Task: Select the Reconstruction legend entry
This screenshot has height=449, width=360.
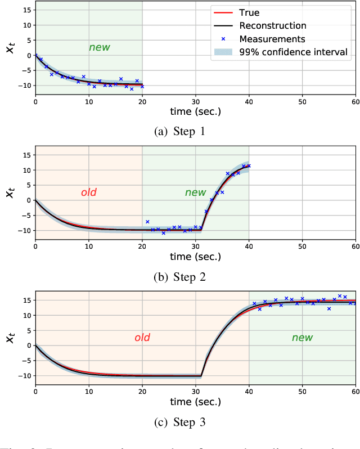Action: point(272,25)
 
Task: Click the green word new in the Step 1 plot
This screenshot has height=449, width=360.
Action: point(99,47)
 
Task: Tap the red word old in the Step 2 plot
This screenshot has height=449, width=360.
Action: point(88,192)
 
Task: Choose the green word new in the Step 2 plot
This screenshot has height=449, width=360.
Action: point(195,192)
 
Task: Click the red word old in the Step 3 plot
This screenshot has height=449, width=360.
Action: point(142,338)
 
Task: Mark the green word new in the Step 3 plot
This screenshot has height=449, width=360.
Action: point(302,338)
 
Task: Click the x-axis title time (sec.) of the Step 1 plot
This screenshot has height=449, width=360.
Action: point(195,111)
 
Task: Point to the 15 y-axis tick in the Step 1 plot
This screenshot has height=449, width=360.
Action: point(25,10)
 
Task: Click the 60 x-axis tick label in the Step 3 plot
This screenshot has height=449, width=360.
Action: point(354,391)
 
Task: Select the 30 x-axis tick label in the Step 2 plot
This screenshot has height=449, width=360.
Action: point(195,246)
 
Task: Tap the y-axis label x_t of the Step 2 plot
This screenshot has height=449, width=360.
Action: point(10,192)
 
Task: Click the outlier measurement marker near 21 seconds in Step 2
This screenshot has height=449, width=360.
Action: point(147,222)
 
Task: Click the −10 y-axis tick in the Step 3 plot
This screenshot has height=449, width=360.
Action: point(22,376)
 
